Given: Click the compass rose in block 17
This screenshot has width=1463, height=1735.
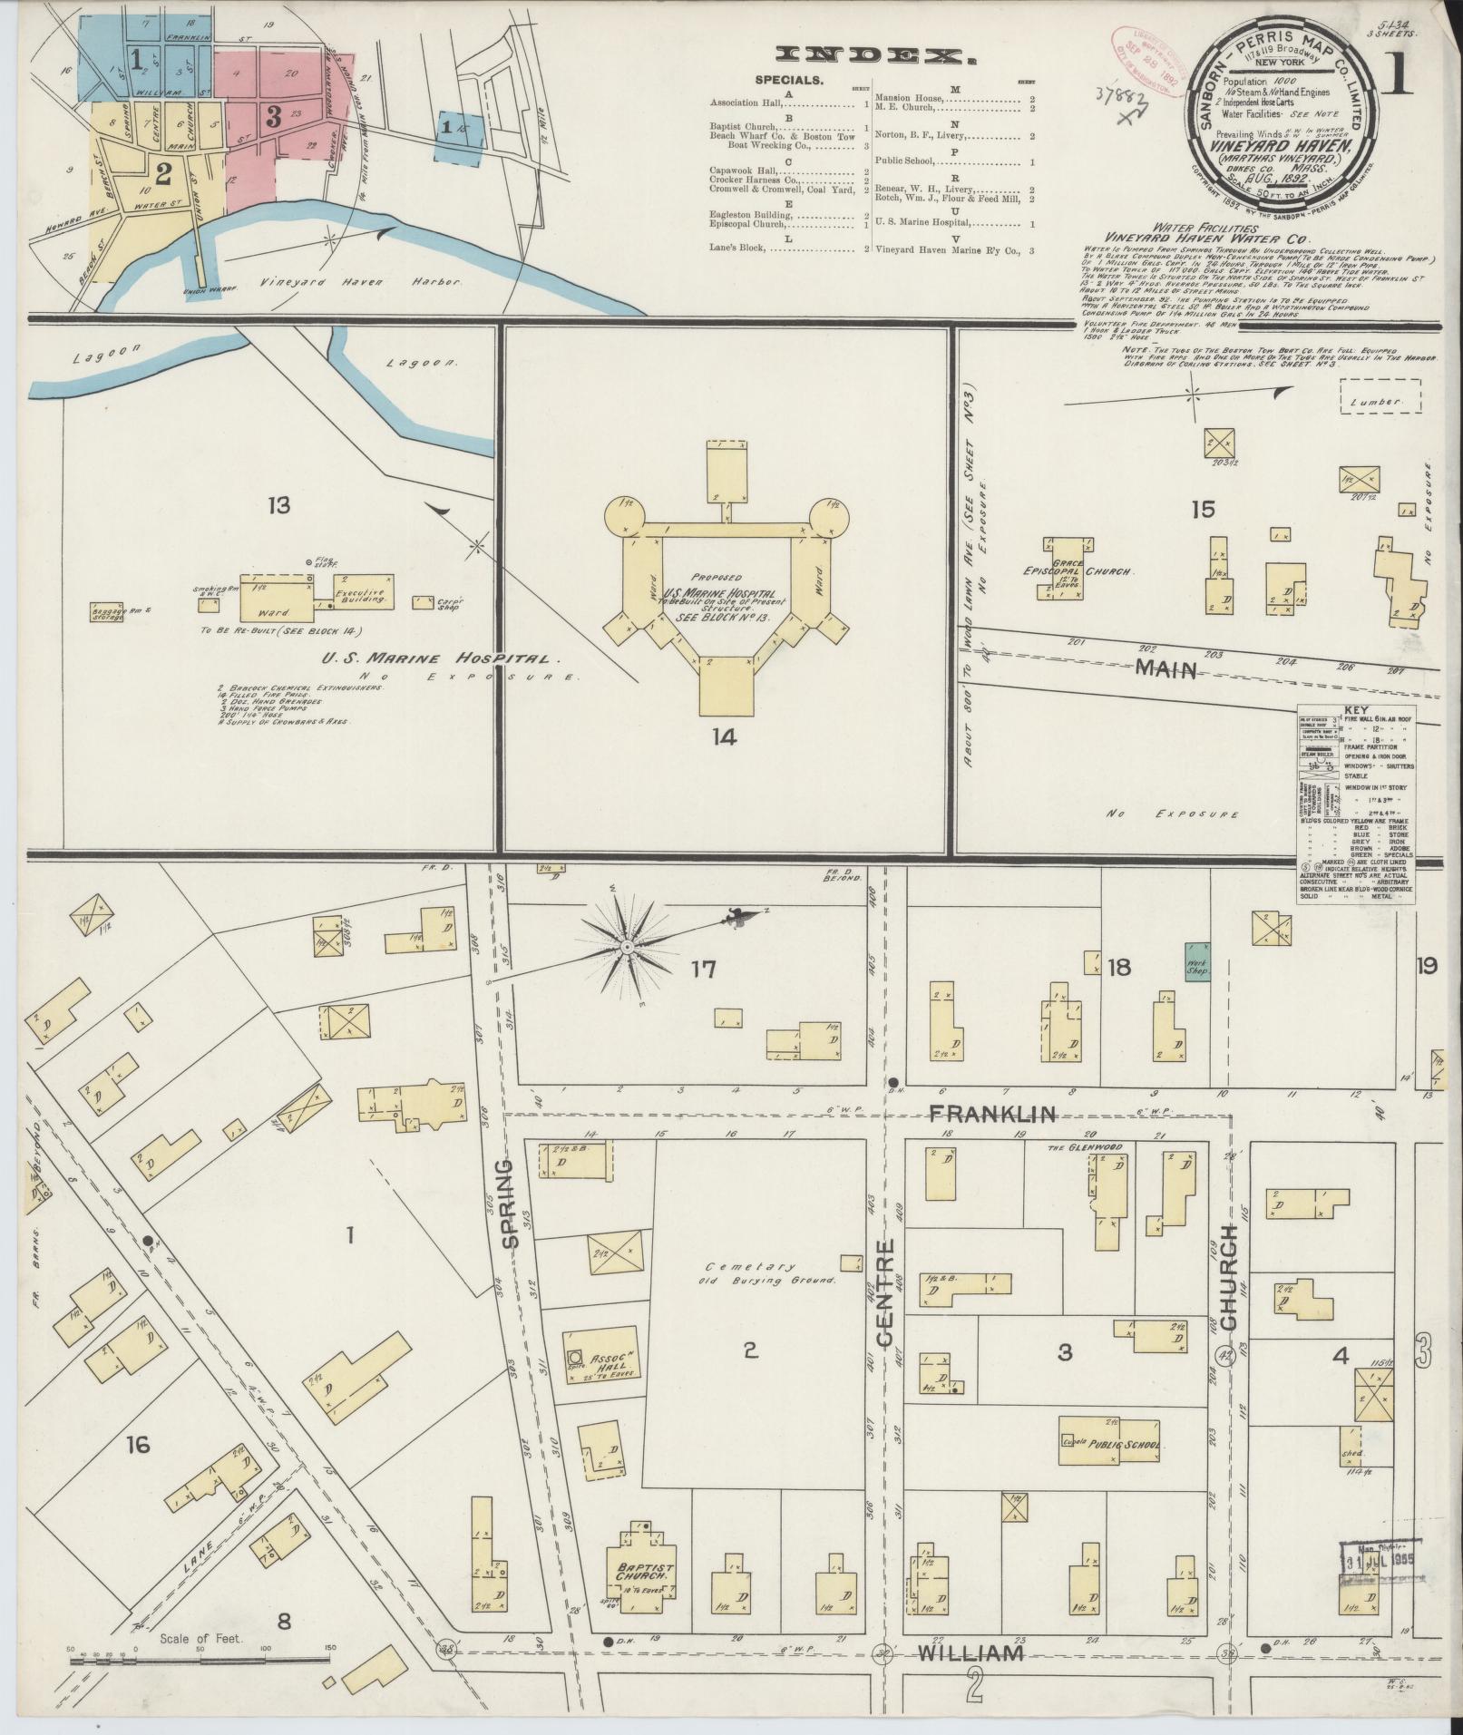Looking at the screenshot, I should point(625,947).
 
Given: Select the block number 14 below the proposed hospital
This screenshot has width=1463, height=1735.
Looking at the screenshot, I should point(724,737).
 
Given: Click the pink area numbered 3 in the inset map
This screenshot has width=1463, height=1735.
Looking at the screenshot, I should point(272,115).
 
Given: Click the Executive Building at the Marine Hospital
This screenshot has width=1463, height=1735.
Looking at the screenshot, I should point(362,592).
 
